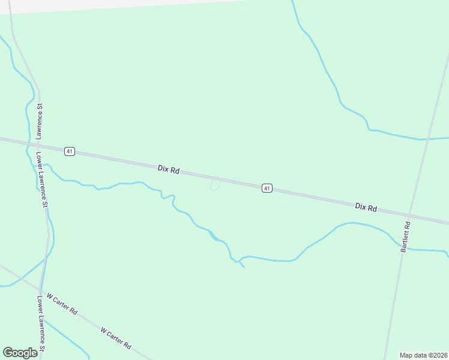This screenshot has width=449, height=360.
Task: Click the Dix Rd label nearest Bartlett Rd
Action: (x=366, y=207)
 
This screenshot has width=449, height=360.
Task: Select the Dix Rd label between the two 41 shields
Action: (x=169, y=170)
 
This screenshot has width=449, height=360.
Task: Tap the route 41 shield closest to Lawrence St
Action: (x=70, y=151)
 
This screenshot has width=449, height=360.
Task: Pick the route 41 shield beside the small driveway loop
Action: (x=267, y=188)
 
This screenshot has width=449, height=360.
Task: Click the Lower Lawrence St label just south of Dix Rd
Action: (x=41, y=179)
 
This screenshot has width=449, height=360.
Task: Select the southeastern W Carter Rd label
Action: (x=116, y=338)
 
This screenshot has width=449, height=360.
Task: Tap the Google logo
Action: (x=20, y=353)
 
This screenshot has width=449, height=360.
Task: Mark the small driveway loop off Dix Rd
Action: (x=215, y=185)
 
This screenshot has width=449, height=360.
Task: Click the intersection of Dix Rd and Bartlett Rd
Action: (x=411, y=215)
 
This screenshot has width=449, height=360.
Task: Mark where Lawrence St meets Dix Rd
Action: (x=38, y=144)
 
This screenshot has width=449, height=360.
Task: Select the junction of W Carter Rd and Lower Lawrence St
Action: (x=40, y=292)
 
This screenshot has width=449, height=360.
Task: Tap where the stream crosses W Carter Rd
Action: (x=21, y=279)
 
